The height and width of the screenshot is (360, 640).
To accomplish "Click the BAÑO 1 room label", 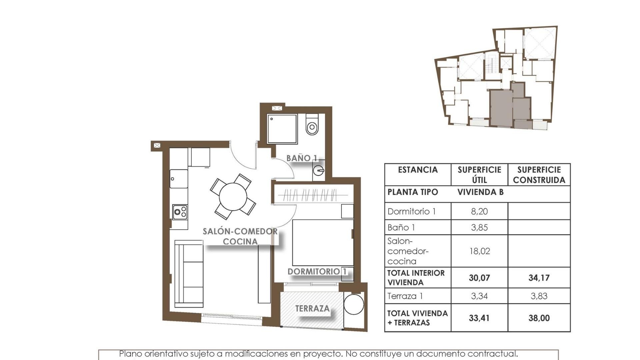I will (301, 158).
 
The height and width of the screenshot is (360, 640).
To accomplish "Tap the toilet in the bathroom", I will (312, 125).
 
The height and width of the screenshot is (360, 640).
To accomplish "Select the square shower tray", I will (282, 129).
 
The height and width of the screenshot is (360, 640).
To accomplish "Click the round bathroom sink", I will (318, 171).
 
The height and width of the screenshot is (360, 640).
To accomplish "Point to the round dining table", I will (233, 197).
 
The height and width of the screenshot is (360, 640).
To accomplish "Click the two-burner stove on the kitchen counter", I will (180, 212).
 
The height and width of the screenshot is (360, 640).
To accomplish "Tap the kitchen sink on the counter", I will (179, 179).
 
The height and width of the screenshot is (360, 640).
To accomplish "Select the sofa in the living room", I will (189, 274).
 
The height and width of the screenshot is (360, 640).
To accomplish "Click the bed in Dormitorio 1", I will (323, 242).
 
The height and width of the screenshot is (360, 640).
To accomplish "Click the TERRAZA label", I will (312, 309).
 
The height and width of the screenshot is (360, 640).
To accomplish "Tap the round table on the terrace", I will (354, 304).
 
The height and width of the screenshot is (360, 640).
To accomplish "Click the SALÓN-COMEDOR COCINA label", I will (240, 236).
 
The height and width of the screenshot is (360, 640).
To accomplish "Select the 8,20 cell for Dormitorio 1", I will (479, 211).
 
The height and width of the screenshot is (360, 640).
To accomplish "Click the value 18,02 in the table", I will (479, 251).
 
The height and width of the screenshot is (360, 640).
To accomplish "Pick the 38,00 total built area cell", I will (539, 318).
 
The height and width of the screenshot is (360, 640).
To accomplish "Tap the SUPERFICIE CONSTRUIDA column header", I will (539, 175).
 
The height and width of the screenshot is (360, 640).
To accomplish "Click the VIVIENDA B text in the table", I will (480, 192).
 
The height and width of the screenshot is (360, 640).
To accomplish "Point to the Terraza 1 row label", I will (405, 296).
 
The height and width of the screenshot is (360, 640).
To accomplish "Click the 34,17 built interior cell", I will (539, 278).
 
